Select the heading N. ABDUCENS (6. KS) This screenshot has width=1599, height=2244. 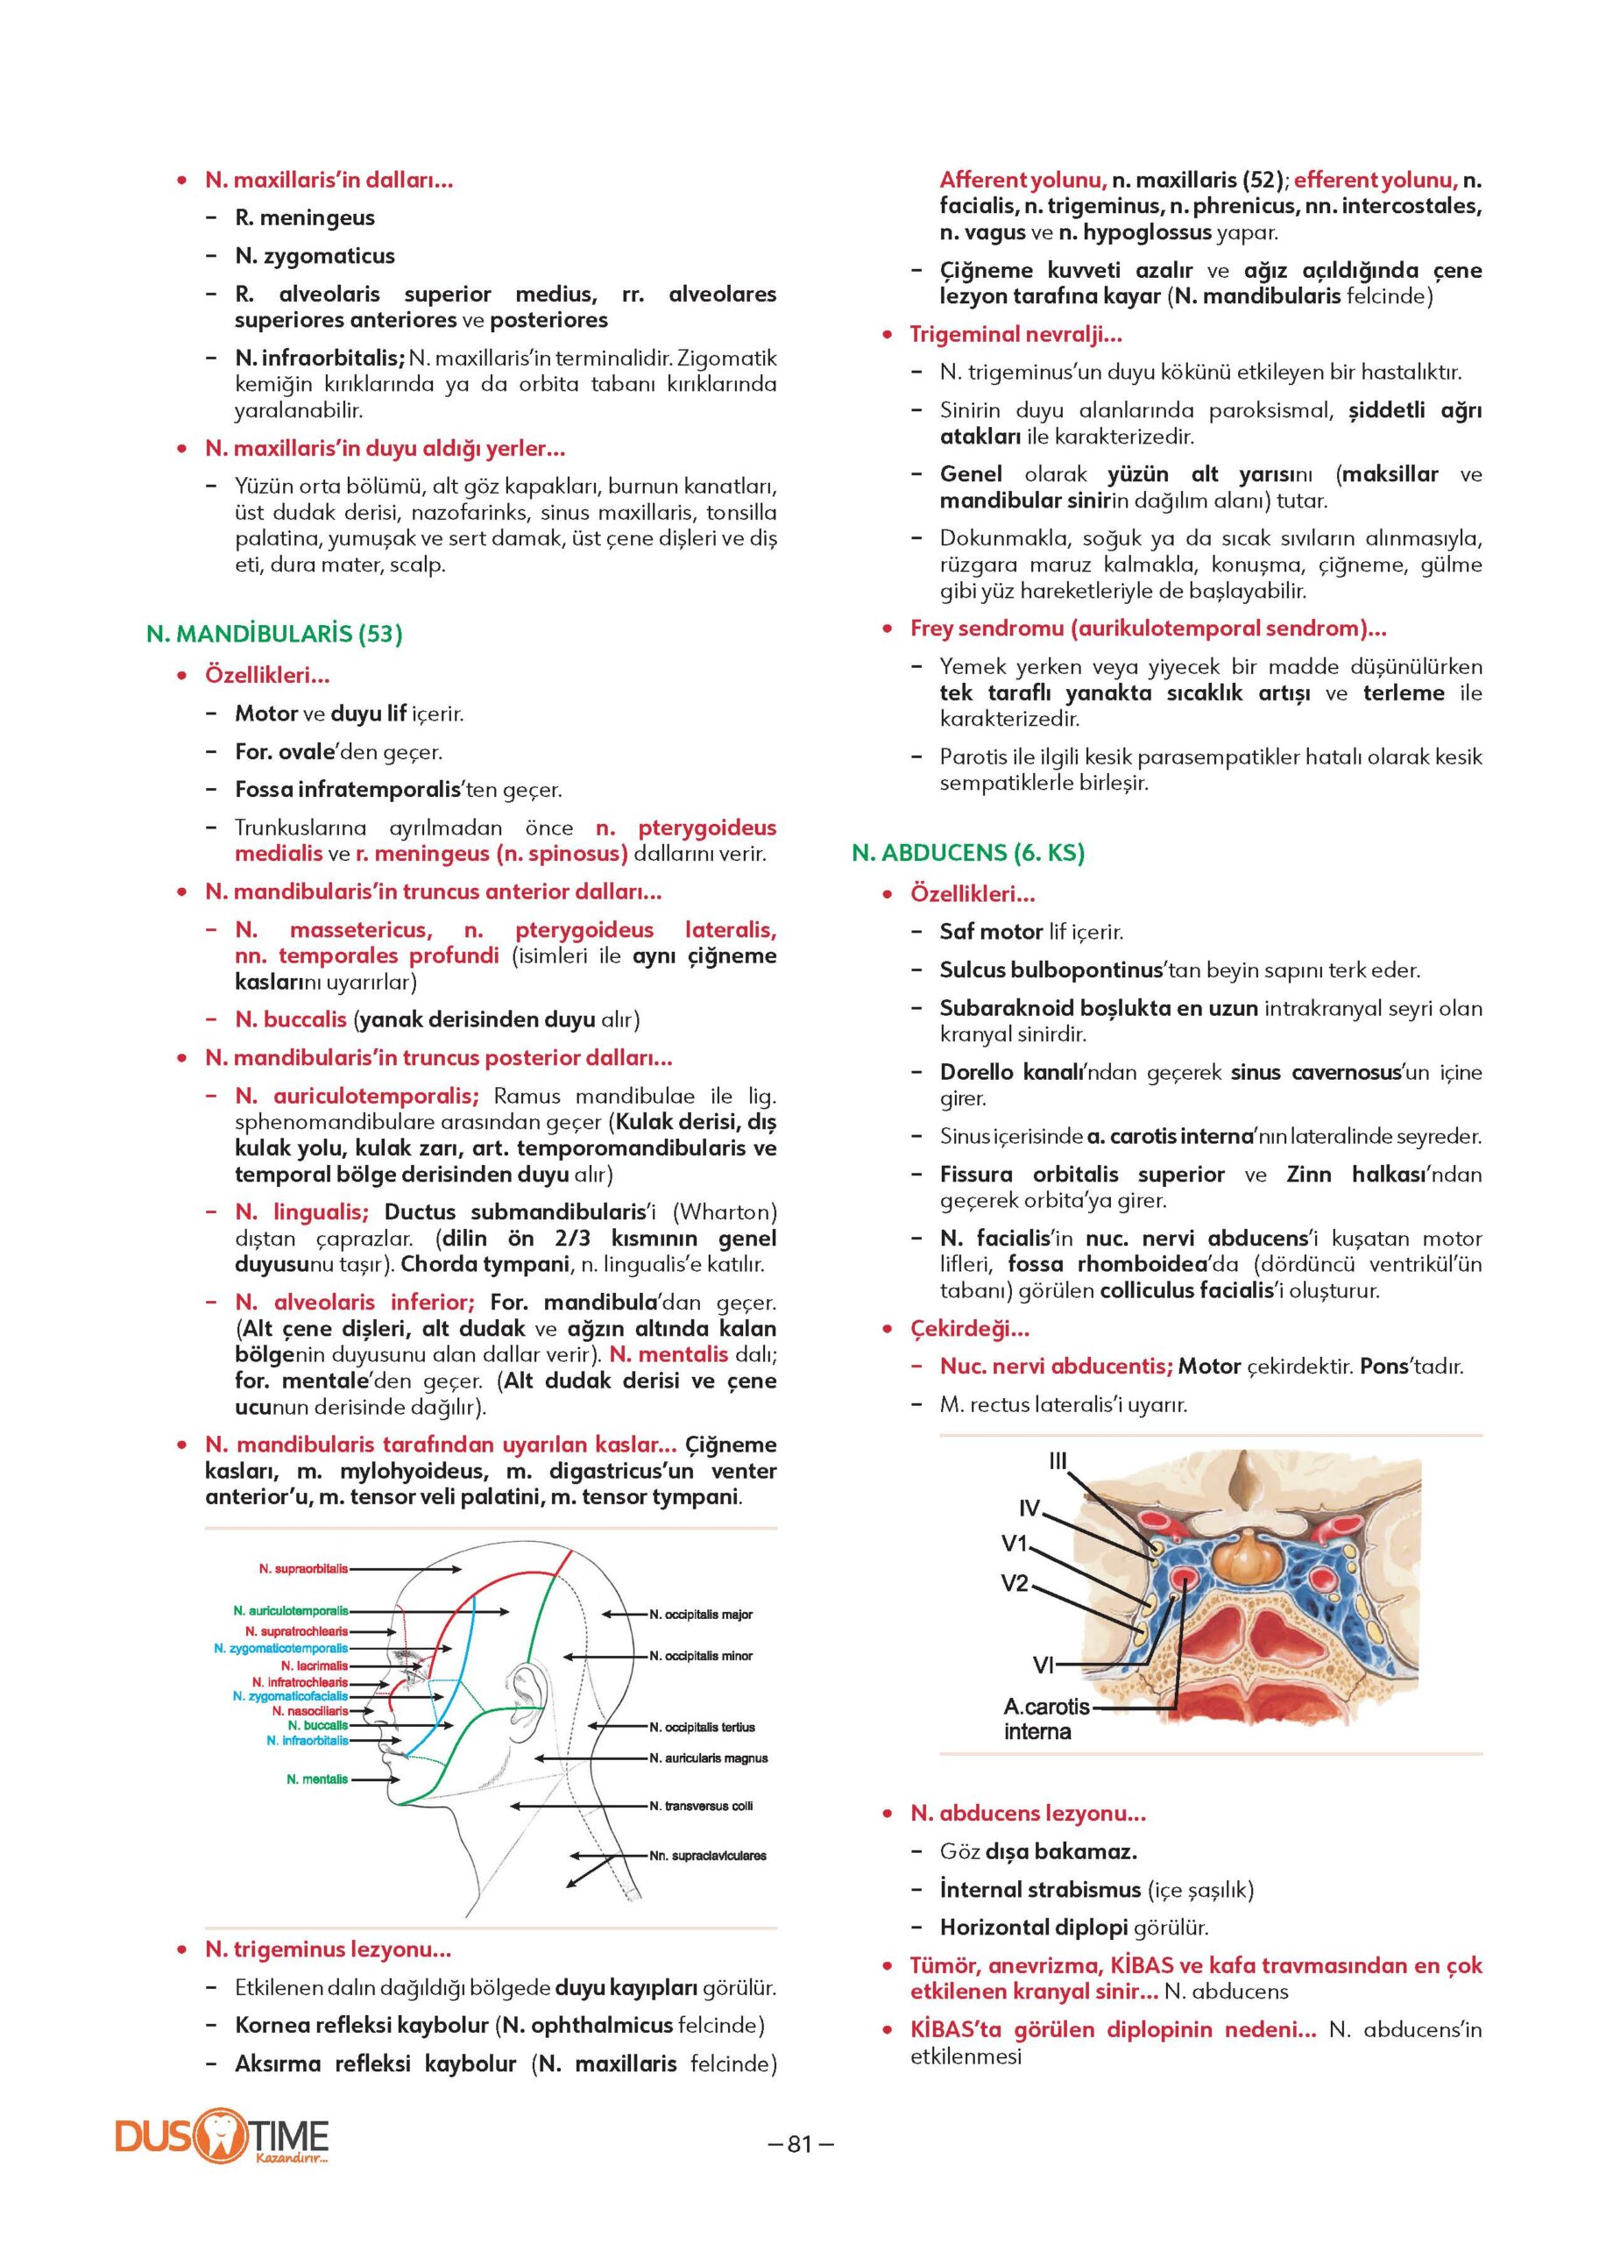pyautogui.click(x=968, y=852)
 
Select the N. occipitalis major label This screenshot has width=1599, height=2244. pyautogui.click(x=701, y=1615)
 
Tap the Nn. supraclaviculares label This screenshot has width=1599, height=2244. pyautogui.click(x=707, y=1856)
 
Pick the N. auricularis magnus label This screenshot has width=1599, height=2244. pyautogui.click(x=708, y=1758)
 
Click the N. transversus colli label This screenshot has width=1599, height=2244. pyautogui.click(x=701, y=1806)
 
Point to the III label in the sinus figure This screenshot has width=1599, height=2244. pyautogui.click(x=1058, y=1463)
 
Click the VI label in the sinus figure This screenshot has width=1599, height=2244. pyautogui.click(x=1044, y=1665)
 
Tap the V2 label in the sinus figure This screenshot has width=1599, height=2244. pyautogui.click(x=1015, y=1584)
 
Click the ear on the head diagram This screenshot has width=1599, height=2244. pyautogui.click(x=522, y=1686)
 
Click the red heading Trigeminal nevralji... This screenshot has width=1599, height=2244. pyautogui.click(x=1015, y=334)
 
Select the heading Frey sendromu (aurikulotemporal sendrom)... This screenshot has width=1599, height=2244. pyautogui.click(x=1148, y=628)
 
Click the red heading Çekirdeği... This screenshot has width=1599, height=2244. pyautogui.click(x=969, y=1329)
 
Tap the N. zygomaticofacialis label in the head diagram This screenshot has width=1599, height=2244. pyautogui.click(x=291, y=1696)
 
